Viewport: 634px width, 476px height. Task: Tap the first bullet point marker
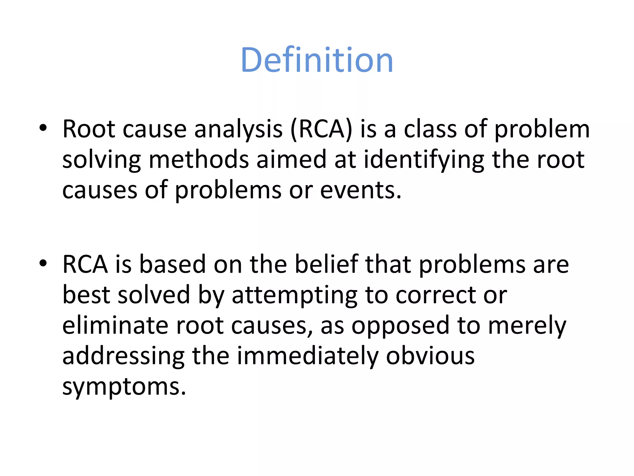[x=43, y=128]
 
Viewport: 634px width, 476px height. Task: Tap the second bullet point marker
[x=43, y=263]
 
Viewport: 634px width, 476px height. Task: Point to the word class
[x=430, y=129]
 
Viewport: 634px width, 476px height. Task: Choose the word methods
[x=199, y=160]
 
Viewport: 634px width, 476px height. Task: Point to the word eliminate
[x=115, y=325]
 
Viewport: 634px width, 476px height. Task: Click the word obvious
[x=430, y=356]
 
